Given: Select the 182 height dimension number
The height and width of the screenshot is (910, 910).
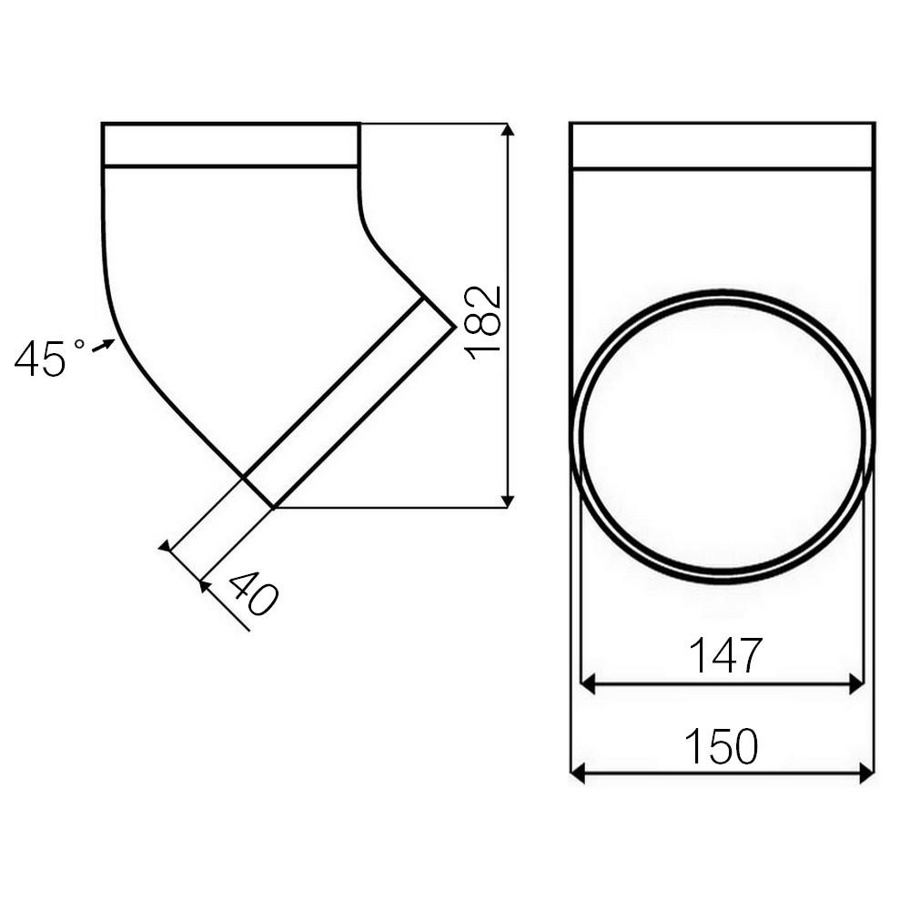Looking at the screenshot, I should coord(483,323).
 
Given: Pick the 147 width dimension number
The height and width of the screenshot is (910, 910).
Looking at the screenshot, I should coord(724,655).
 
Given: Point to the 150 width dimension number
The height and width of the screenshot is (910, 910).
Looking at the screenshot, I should coord(721,747).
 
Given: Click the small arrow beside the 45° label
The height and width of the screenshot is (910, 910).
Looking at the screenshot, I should coord(105,345).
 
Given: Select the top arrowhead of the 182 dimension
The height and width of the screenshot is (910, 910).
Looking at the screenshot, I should coord(508,129).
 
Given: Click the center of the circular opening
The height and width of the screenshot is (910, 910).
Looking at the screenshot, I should coord(722,437).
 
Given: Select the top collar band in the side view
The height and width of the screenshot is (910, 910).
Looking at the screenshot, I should coord(230,145).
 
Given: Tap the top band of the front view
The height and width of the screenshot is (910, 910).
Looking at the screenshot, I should coord(722,146).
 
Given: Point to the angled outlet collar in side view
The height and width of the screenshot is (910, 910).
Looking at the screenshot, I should coord(349,401).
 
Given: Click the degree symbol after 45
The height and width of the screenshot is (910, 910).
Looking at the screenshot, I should coord(79,345).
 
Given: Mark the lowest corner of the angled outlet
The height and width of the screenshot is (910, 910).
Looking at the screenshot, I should coord(273,507).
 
